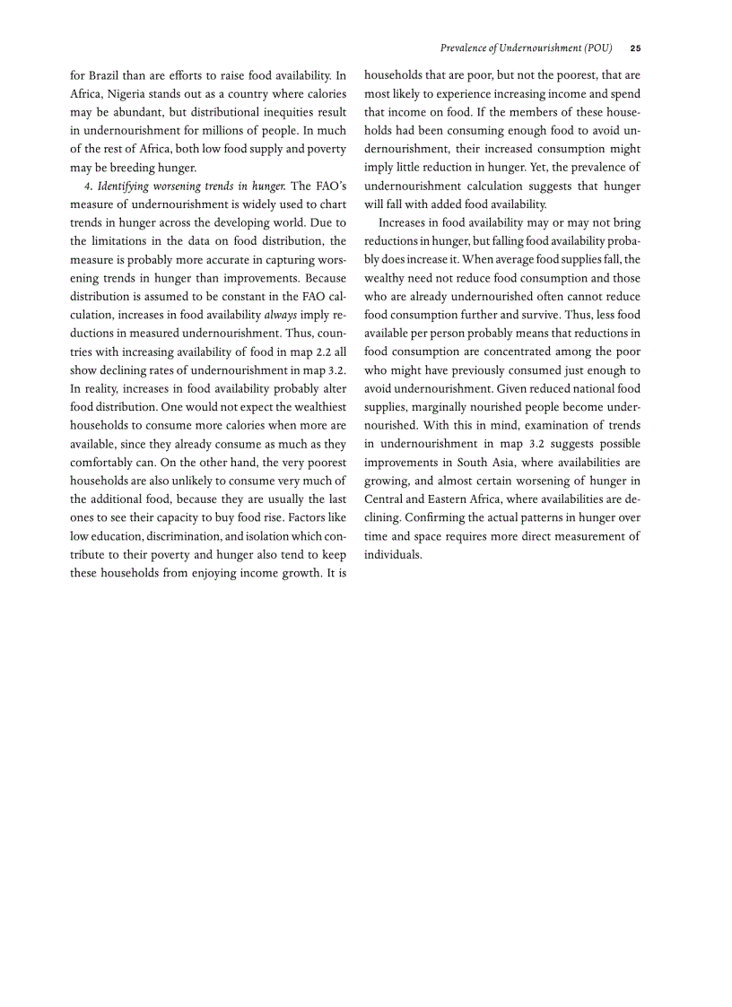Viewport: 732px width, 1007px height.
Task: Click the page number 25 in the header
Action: pyautogui.click(x=635, y=48)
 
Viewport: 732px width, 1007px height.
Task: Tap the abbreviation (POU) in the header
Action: pyautogui.click(x=597, y=48)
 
